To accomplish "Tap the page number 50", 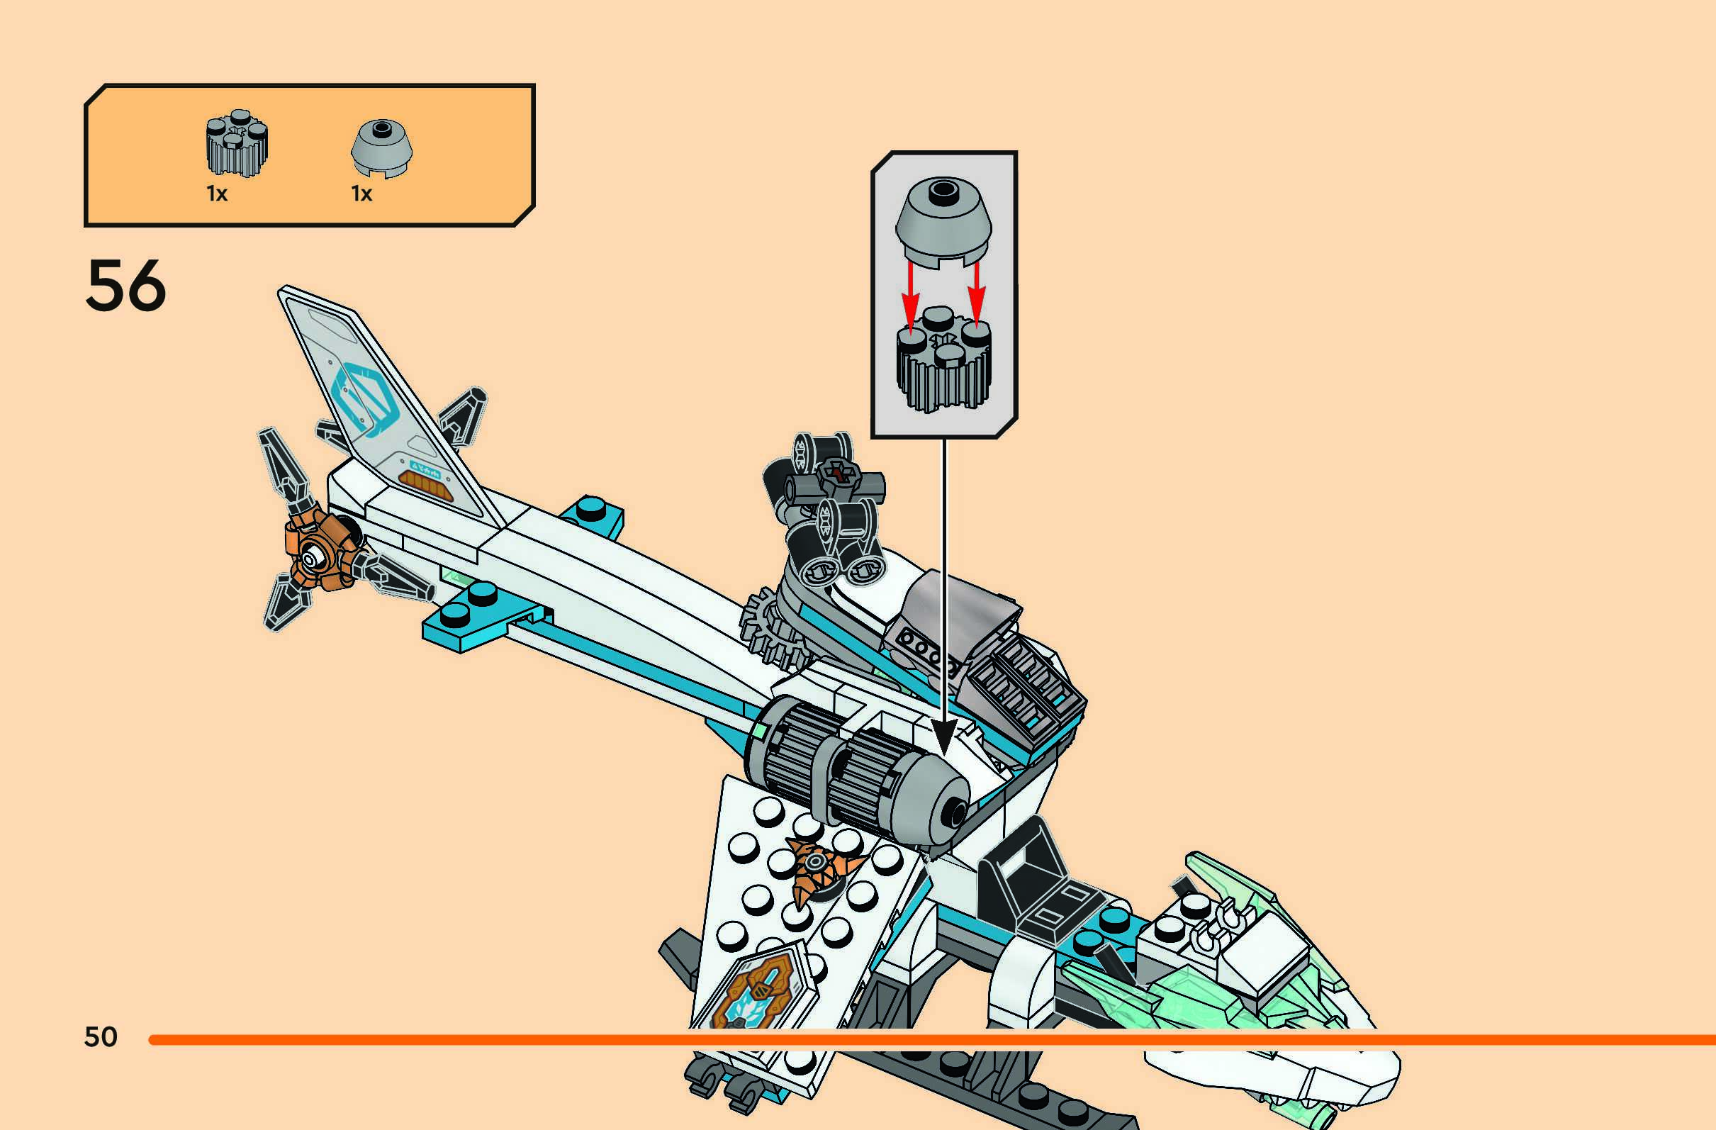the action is [100, 1037].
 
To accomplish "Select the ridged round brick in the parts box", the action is [237, 144].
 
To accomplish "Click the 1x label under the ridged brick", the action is [217, 194].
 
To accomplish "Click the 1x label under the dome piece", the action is [362, 194].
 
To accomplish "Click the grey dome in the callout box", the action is [943, 220].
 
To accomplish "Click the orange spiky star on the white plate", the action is [819, 866].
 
